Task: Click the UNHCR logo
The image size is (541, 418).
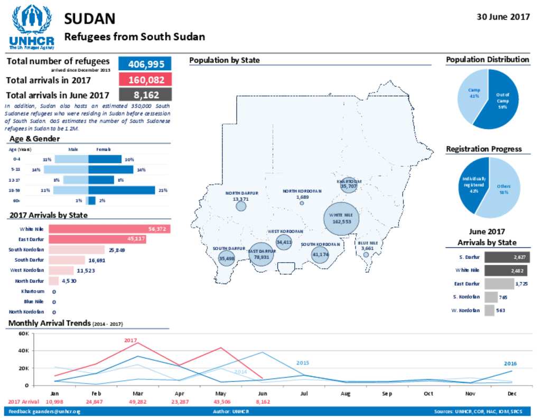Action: point(31,26)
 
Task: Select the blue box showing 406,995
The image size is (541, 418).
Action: point(145,64)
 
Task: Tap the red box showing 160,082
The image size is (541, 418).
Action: point(145,80)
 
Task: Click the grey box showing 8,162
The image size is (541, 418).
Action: point(145,95)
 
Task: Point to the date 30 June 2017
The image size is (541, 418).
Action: point(503,16)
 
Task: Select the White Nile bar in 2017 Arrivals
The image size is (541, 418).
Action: point(109,229)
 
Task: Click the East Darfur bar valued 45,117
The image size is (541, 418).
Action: point(97,239)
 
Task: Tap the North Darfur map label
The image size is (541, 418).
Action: point(241,193)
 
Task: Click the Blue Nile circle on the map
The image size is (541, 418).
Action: point(366,254)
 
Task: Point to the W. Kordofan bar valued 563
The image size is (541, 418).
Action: point(489,310)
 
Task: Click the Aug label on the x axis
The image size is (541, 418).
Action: point(346,394)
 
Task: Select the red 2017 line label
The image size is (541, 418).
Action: point(130,341)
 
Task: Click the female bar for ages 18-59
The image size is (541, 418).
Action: point(122,190)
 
